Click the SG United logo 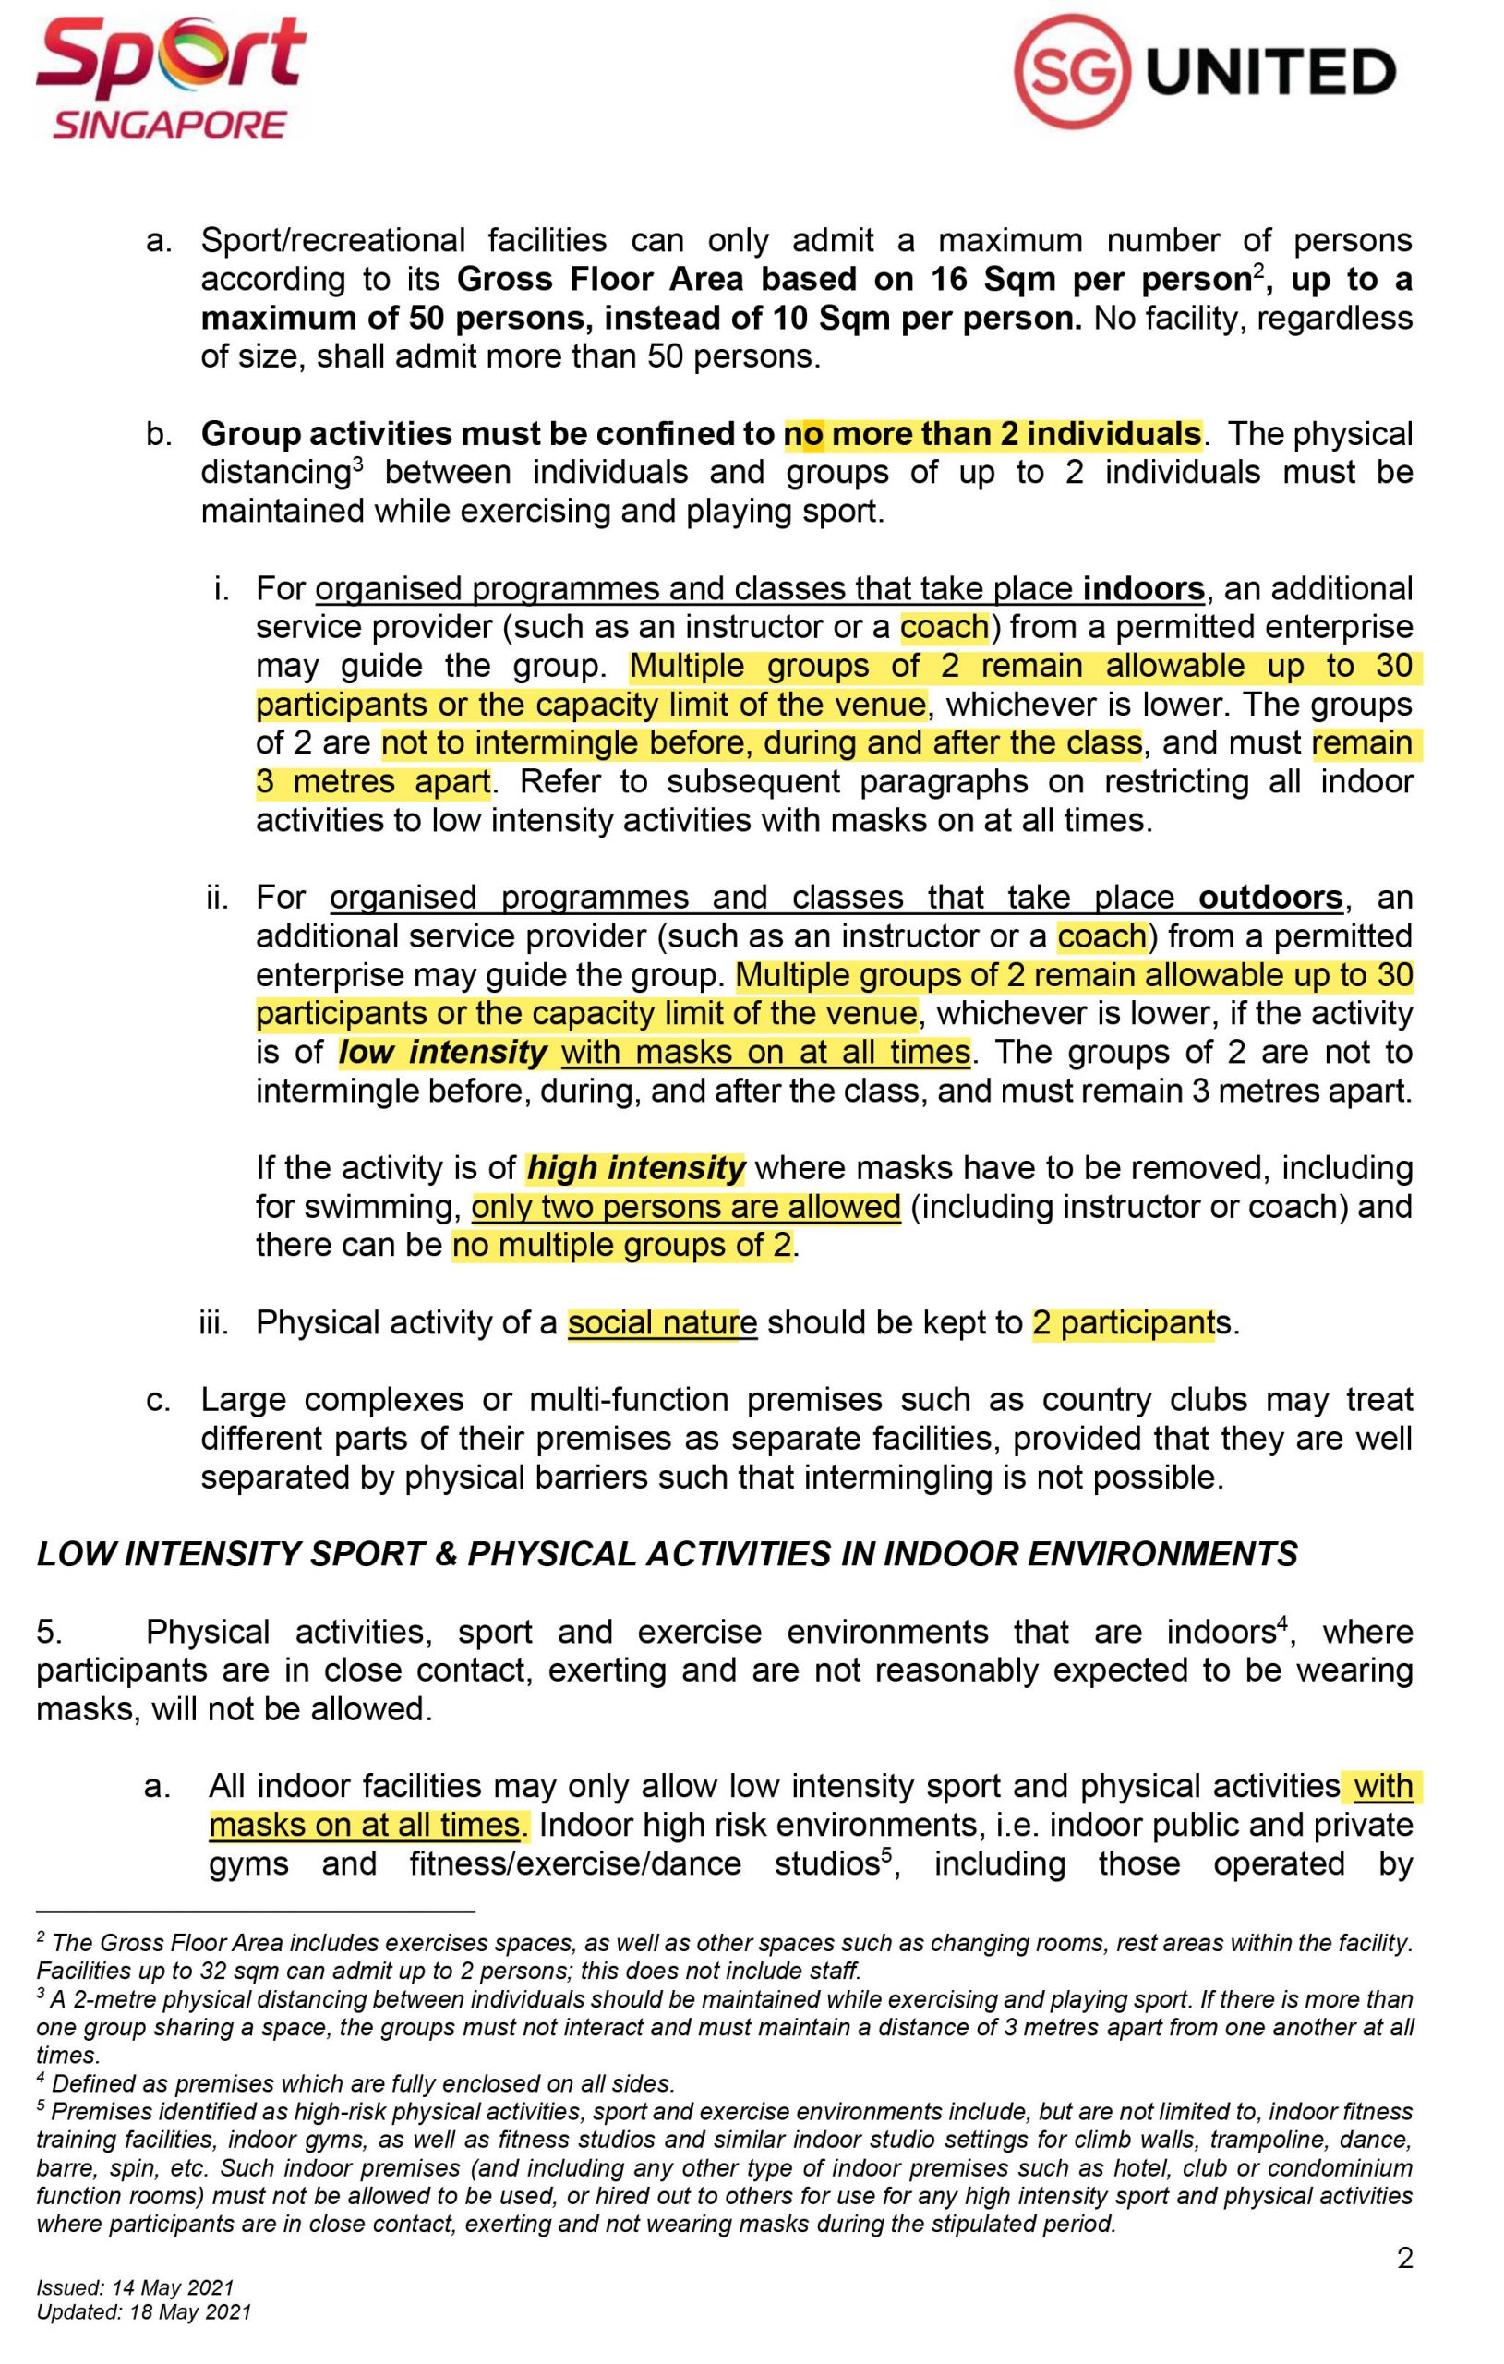point(1205,73)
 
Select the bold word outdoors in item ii point(1270,898)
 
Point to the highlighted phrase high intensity point(636,1168)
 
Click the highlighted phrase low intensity point(443,1053)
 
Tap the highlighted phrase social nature point(662,1322)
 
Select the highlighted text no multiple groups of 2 point(621,1245)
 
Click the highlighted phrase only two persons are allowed point(685,1207)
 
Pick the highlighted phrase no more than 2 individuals point(992,434)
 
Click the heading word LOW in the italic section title point(71,1554)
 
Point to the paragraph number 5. point(49,1632)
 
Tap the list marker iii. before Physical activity point(213,1323)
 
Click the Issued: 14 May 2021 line point(135,2288)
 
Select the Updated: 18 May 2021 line point(143,2312)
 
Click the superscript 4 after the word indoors point(1281,1622)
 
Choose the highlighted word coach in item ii point(1101,935)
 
